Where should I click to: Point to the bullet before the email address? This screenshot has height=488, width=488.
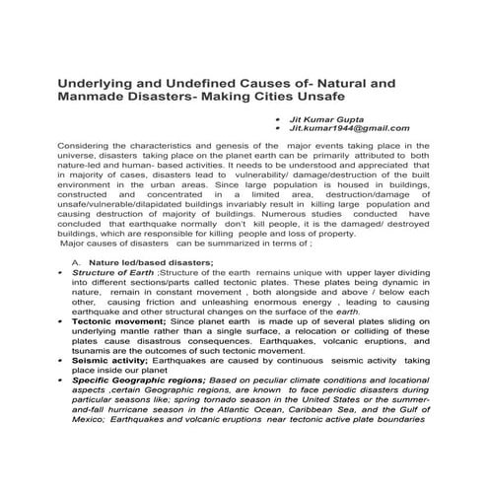[x=280, y=127]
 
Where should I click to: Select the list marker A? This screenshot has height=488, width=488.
[x=76, y=262]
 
